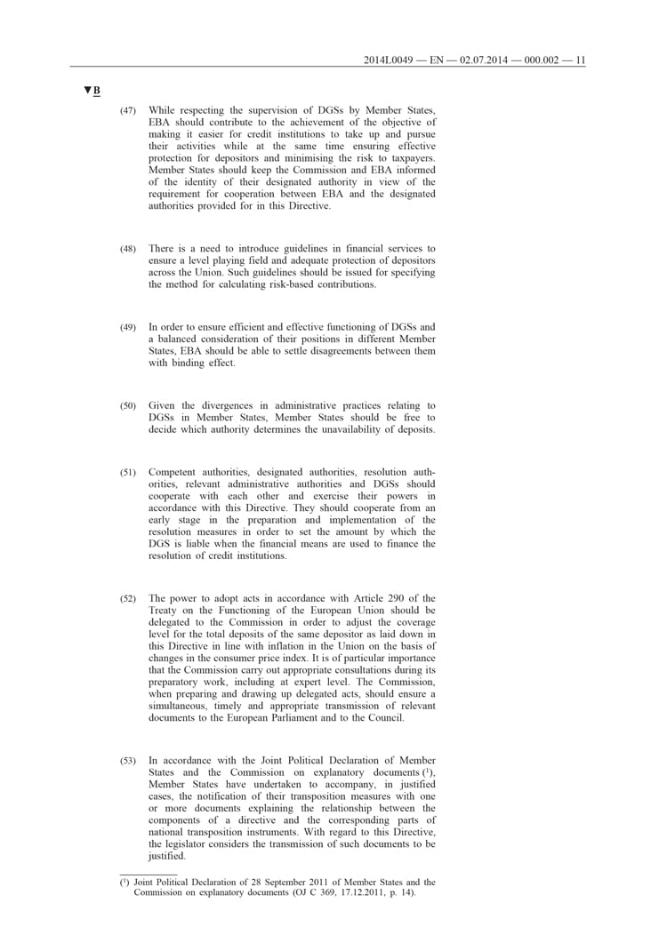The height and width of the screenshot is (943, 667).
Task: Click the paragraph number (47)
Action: coord(128,110)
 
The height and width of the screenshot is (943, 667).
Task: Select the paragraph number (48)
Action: coord(128,248)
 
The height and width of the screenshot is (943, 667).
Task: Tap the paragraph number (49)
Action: coord(128,328)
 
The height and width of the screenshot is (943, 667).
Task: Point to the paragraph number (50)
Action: coord(128,407)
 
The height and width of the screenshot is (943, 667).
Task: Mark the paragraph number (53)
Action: coord(128,762)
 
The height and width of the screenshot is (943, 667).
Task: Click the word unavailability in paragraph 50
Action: coord(343,430)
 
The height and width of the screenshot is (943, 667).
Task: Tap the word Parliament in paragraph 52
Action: coord(324,718)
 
